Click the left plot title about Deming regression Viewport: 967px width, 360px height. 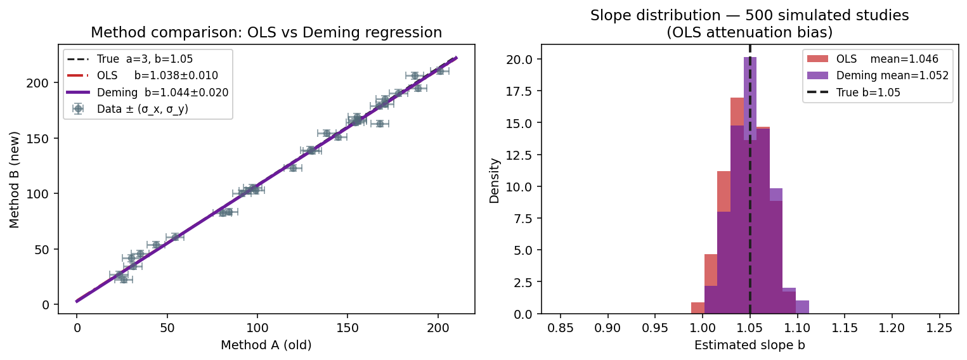[x=266, y=32]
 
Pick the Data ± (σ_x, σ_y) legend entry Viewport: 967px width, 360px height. [x=142, y=109]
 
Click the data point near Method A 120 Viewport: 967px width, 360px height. [x=293, y=168]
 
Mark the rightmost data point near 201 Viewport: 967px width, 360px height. [x=439, y=71]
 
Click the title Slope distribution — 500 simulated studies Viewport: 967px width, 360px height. [x=750, y=16]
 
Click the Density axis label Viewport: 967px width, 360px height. [x=495, y=180]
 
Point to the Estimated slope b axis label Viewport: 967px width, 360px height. [x=750, y=345]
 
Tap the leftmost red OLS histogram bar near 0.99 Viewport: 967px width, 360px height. [x=698, y=309]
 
